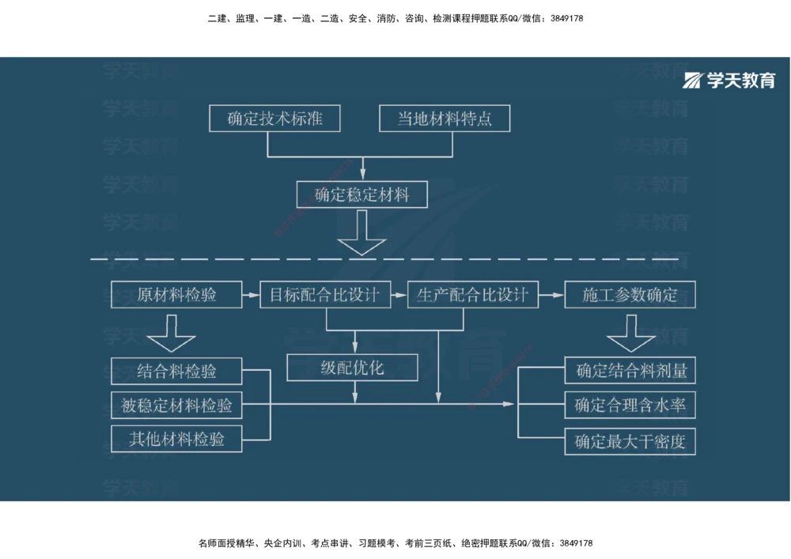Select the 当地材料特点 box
tap(444, 119)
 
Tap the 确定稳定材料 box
tap(361, 195)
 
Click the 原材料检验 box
tap(176, 295)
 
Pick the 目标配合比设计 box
tap(325, 295)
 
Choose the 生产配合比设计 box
tap(472, 295)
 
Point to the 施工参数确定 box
tap(630, 295)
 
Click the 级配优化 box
tap(352, 367)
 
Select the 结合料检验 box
tap(176, 371)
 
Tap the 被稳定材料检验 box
tap(176, 406)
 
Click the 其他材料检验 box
tap(176, 439)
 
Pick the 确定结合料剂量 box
tap(630, 370)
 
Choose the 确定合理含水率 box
tap(630, 406)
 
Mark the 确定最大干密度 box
tap(630, 441)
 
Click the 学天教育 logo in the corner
tap(729, 80)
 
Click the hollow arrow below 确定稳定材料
tap(361, 235)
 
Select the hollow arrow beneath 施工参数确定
tap(630, 333)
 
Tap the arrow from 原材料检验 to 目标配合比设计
tap(250, 295)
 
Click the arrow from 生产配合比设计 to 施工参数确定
tap(551, 295)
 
